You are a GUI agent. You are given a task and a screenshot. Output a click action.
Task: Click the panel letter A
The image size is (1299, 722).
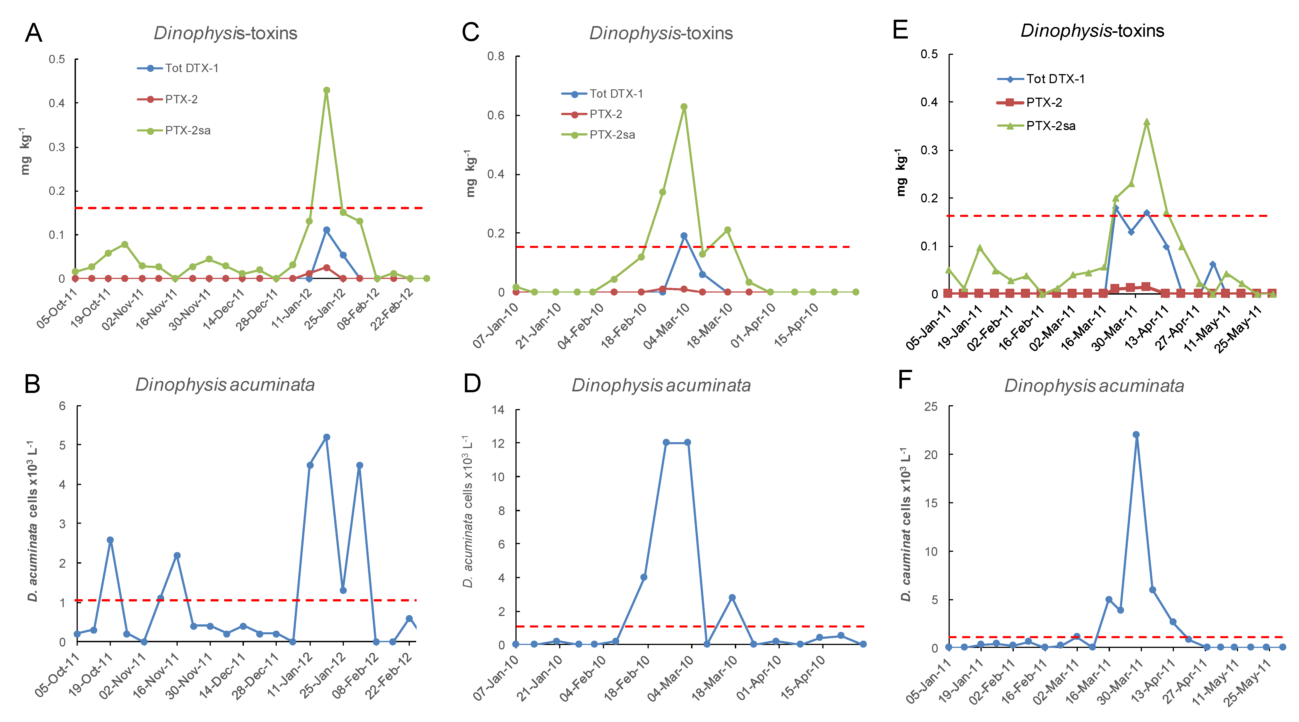[33, 33]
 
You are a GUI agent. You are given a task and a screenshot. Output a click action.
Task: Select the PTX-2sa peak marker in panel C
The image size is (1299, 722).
[684, 107]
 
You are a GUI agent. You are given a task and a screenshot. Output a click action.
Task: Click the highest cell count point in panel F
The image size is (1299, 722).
[1136, 435]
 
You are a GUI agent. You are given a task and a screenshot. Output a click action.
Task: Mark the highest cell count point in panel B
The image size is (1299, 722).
[326, 437]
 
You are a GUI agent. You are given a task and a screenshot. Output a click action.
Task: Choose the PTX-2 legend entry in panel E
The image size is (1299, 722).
[1044, 102]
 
